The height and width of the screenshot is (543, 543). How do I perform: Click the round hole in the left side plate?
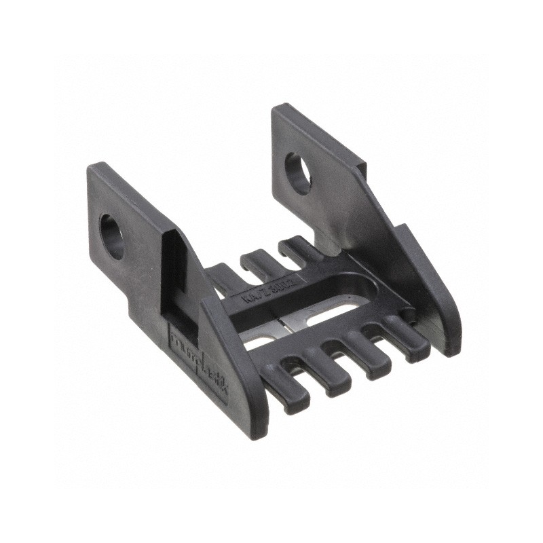click(x=112, y=236)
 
